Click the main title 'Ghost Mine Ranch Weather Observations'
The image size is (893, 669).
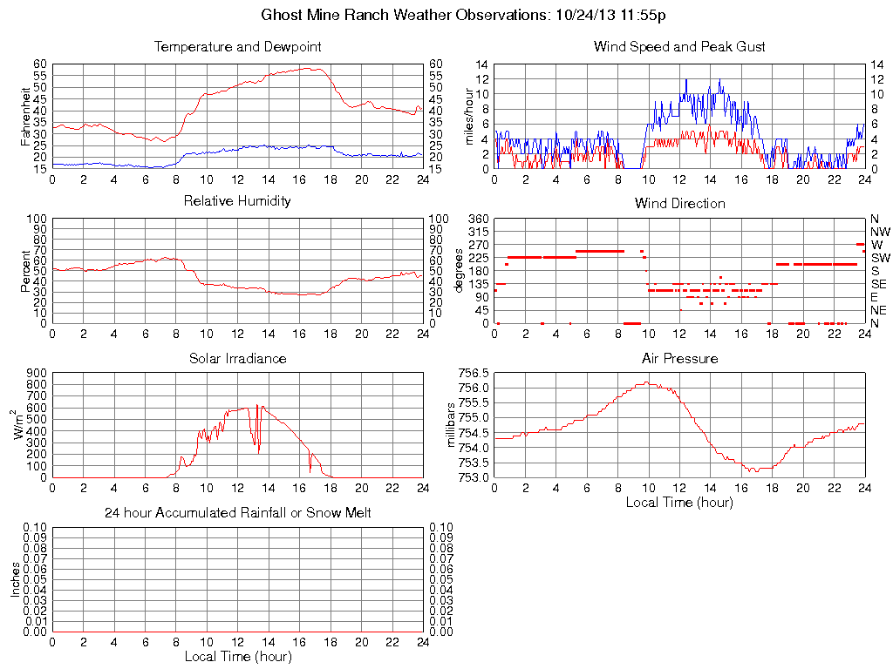406,15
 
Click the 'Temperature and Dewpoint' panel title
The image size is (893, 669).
237,46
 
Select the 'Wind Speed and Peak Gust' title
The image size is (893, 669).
679,46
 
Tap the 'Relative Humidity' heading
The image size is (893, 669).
237,201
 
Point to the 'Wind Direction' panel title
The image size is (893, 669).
679,203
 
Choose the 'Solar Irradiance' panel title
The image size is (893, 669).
237,358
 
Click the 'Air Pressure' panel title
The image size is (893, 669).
679,358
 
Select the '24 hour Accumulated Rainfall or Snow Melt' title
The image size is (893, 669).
237,513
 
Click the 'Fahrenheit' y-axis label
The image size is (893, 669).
24,117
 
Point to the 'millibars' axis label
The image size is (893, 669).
452,426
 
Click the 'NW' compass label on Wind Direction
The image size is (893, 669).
879,232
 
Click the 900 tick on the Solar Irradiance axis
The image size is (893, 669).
37,372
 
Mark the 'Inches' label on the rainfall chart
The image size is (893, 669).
16,579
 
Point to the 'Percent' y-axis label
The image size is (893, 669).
24,271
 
